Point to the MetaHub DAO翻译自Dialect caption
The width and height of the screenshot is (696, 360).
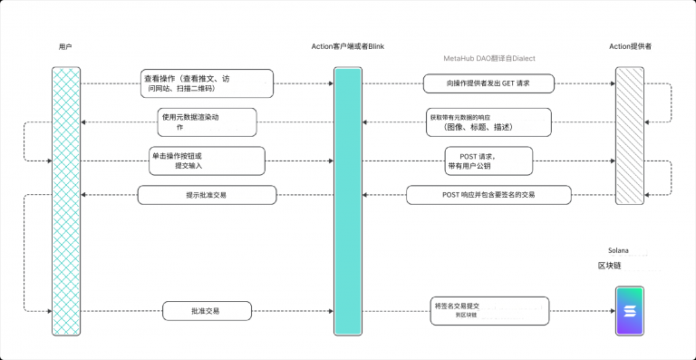tap(489, 58)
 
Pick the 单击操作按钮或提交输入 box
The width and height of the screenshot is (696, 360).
tap(207, 161)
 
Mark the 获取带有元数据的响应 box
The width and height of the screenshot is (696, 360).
tap(488, 122)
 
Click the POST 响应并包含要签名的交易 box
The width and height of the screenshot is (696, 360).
tap(488, 195)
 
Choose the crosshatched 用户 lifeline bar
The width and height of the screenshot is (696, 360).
tap(64, 199)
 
